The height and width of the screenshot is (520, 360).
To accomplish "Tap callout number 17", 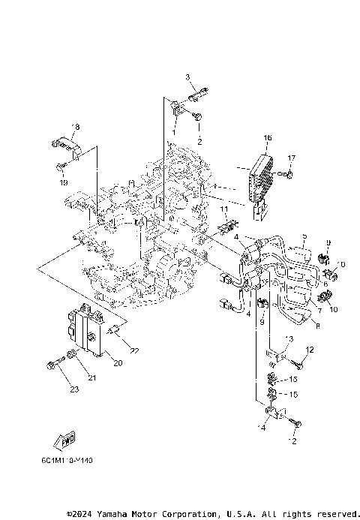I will coord(292,158).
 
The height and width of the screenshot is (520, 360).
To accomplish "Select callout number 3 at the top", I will coord(188,78).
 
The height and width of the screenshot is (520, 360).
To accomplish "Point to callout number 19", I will coord(64,182).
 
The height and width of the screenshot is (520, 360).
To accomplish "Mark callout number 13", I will coord(290,339).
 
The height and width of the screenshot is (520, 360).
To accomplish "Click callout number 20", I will coord(117,363).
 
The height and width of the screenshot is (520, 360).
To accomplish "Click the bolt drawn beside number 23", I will coord(52,365).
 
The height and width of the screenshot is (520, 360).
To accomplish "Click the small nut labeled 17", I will coord(289,175).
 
